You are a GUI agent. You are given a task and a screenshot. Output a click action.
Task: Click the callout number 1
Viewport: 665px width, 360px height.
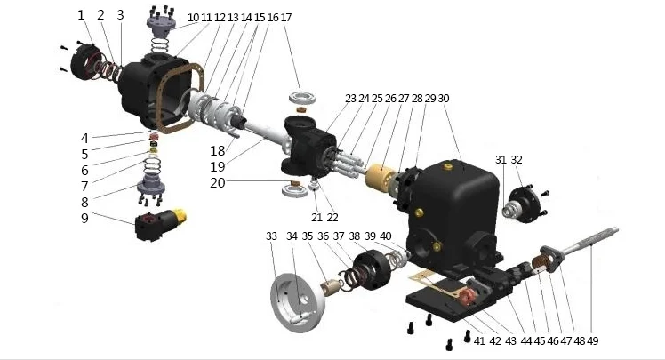(81, 15)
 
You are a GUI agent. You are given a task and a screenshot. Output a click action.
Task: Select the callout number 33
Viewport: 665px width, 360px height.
(271, 236)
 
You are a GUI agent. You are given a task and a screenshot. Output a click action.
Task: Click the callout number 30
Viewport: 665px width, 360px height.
(444, 98)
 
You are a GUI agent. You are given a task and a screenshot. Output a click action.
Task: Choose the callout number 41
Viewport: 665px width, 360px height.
(479, 340)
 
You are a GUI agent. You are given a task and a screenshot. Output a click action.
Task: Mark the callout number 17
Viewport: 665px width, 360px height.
(285, 17)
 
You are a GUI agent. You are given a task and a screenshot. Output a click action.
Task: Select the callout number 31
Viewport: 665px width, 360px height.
(501, 160)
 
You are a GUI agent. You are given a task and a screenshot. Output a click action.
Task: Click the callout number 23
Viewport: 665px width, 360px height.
(351, 98)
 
